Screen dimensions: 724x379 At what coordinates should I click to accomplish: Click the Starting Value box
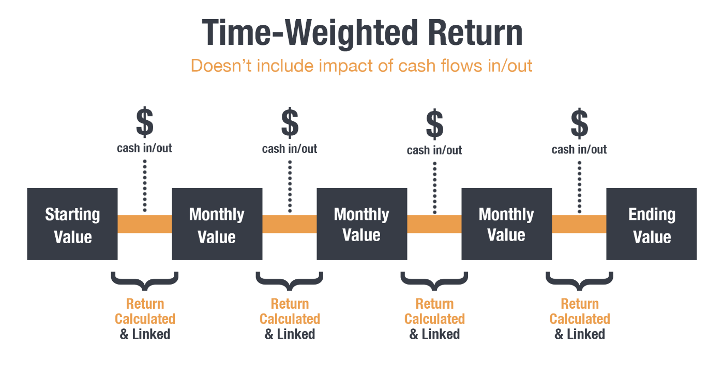tap(72, 224)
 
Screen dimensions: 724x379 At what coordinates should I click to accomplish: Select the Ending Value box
tap(652, 224)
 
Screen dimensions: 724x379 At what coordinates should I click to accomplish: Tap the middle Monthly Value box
tap(362, 224)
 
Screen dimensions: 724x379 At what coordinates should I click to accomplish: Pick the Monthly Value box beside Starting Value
tap(217, 224)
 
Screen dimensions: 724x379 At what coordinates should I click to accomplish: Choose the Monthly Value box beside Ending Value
tap(507, 224)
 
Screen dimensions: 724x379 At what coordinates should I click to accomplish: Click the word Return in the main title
tap(475, 33)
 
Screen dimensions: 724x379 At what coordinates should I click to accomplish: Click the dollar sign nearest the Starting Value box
tap(144, 122)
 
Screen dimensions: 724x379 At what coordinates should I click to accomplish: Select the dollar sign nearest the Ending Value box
tap(579, 123)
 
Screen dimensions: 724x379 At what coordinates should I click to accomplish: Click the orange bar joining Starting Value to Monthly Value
tap(145, 224)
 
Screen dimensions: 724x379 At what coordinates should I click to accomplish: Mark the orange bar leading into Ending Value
tap(579, 224)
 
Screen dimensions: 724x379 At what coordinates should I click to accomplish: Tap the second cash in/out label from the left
tap(290, 149)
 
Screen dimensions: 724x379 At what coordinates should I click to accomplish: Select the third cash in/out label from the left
tap(434, 150)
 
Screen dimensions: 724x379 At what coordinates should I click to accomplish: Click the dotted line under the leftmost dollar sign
tap(145, 186)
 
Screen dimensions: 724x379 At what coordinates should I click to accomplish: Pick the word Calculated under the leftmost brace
tap(145, 319)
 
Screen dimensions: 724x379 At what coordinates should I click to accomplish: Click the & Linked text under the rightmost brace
tap(580, 334)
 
